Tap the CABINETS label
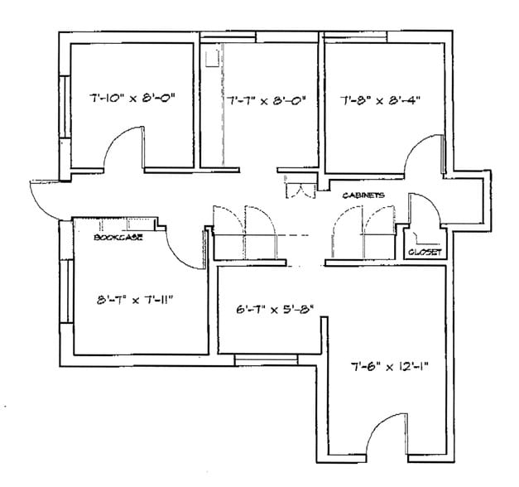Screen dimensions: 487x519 (364, 195)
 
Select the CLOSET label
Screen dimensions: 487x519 (425, 252)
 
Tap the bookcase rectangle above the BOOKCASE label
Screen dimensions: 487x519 (124, 224)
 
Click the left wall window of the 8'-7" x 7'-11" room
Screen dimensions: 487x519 (64, 277)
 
